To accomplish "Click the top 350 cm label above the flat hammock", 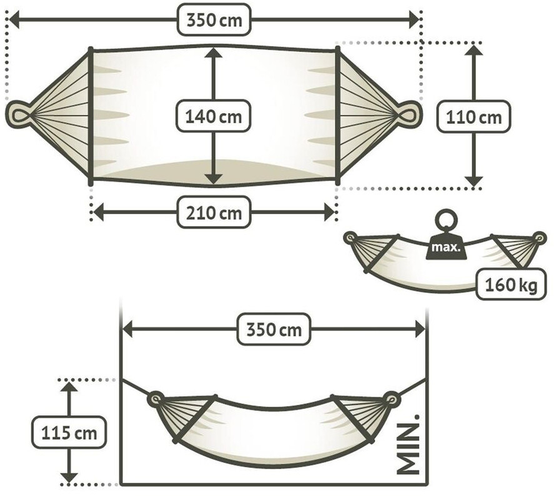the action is coord(214,20).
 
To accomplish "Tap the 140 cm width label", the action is coord(214,116).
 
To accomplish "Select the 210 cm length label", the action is coord(214,212).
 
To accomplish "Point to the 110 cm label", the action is coord(474,117).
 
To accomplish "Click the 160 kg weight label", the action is coord(511,284).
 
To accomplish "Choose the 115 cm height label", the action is coord(69,432).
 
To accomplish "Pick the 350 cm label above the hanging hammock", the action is coord(274,329).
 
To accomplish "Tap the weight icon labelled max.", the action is coord(446,247).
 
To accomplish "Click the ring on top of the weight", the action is coord(446,221).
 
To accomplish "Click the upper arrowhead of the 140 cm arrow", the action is coord(214,52).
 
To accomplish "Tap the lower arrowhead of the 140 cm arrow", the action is coord(214,179).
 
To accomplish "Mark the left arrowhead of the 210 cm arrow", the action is coord(98,212).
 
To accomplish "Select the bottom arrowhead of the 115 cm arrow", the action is coord(69,478).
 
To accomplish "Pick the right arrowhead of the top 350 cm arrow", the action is coord(414,19).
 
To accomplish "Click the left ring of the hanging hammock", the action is coord(155,399).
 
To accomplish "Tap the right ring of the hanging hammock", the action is coord(392,399).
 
